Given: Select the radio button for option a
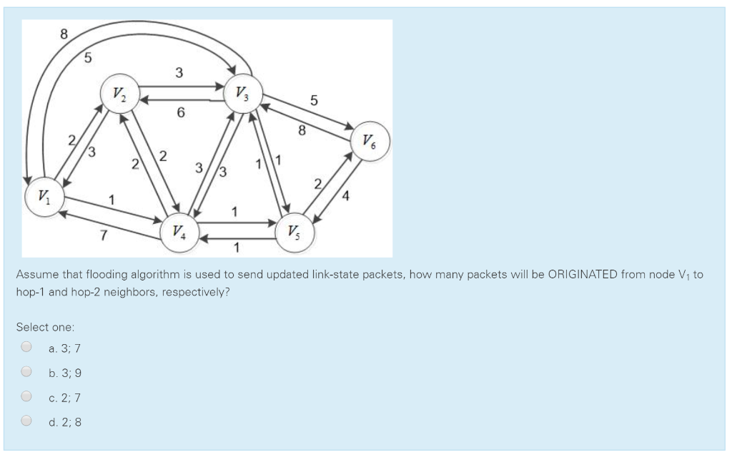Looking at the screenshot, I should pos(26,348).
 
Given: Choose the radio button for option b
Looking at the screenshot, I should pos(26,372).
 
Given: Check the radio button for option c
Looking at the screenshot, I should pos(26,397).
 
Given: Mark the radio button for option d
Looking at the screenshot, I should pos(26,421).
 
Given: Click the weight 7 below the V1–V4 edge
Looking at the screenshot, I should pos(104,236).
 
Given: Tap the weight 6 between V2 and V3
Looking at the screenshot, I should pos(180,113).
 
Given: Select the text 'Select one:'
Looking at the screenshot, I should pos(45,327).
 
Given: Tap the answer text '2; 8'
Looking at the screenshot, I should pos(71,422).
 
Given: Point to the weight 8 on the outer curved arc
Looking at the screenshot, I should pos(64,33).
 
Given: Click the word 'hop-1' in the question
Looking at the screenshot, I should pos(31,293).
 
